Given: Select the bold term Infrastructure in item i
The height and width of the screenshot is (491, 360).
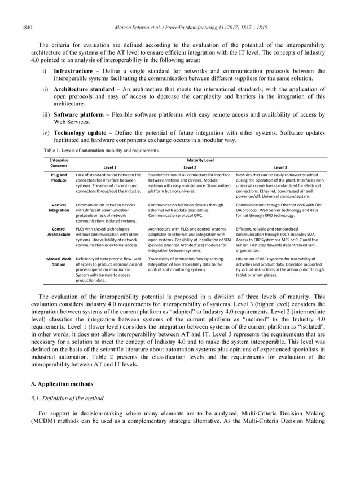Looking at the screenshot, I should (73, 72).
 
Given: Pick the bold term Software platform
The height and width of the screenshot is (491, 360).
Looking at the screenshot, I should (78, 115).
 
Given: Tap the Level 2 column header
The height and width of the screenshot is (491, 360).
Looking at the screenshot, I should (190, 167).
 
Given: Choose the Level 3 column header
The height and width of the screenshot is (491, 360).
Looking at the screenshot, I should (280, 167).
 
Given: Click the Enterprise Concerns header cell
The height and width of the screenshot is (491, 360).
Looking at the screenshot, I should (59, 163).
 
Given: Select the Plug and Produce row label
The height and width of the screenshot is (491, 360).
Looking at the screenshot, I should (59, 178).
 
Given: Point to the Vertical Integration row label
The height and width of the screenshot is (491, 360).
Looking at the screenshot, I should (59, 207).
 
